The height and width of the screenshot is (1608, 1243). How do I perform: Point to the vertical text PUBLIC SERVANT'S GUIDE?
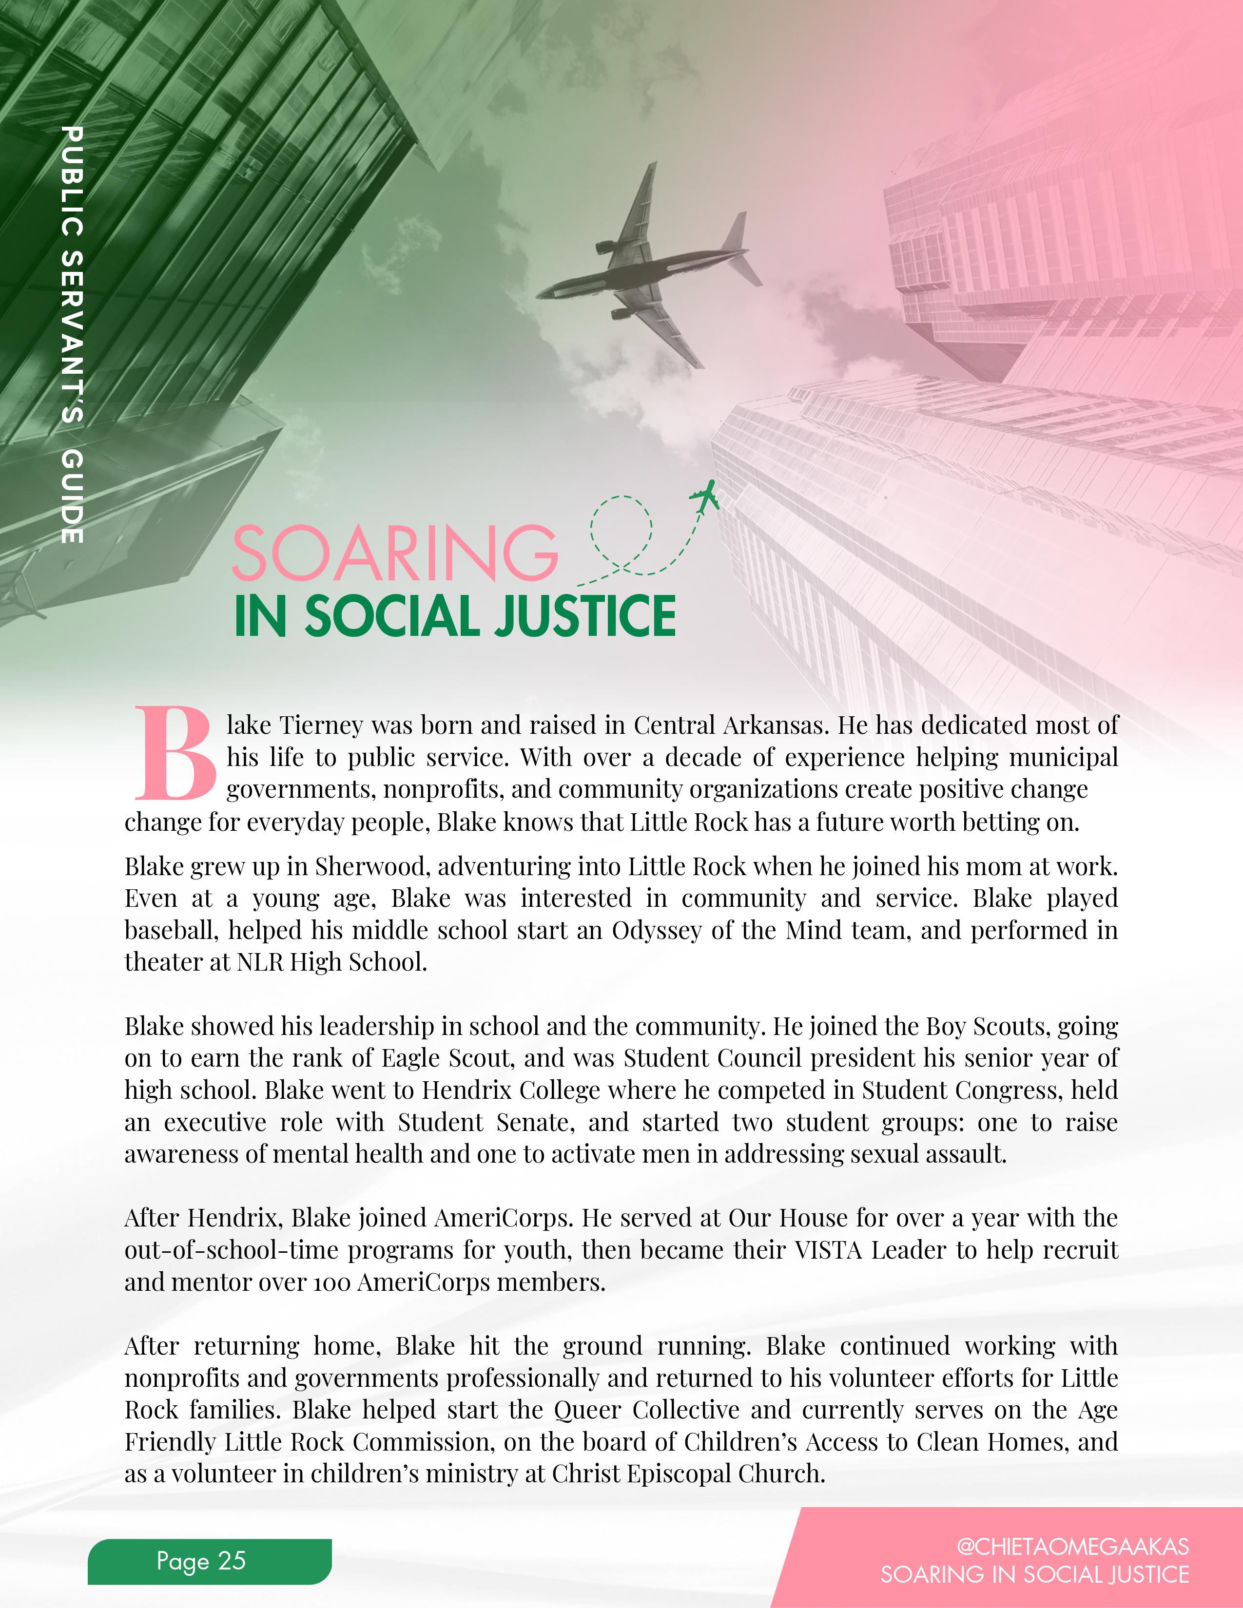coord(72,335)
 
